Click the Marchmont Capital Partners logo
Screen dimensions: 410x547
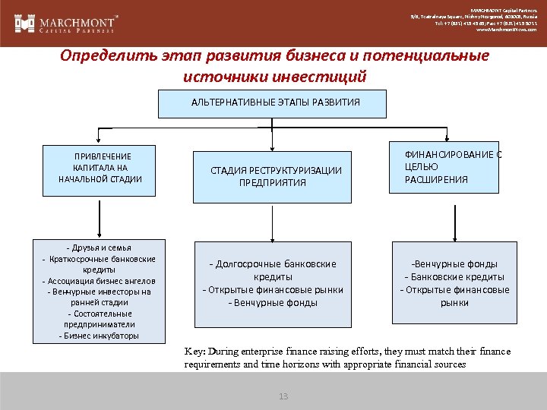point(68,24)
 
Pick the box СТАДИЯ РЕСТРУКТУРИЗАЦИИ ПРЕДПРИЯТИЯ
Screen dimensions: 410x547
point(273,176)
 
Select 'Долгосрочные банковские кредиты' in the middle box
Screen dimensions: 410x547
point(273,270)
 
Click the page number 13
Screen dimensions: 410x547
point(284,396)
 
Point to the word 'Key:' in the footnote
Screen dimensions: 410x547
point(194,352)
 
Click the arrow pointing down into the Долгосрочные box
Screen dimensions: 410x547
point(272,222)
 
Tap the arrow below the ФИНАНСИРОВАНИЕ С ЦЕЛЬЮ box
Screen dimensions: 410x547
point(444,218)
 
